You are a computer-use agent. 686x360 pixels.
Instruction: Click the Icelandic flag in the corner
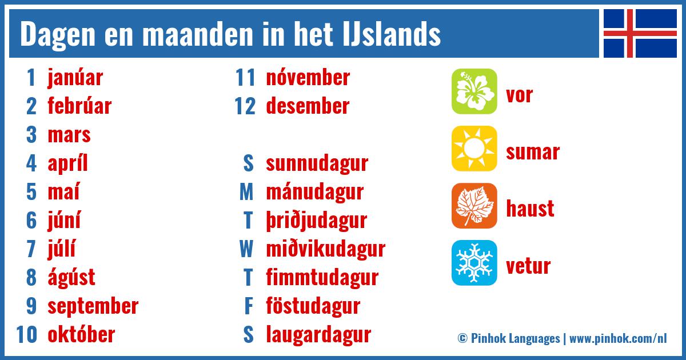[640, 33]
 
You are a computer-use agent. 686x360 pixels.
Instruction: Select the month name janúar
[75, 78]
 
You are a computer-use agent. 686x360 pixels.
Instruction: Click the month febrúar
[79, 106]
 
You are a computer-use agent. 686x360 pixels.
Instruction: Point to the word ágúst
[71, 278]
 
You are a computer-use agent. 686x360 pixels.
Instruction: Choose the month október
[81, 335]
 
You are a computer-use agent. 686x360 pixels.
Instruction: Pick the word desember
[308, 106]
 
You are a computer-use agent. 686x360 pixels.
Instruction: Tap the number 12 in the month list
[245, 106]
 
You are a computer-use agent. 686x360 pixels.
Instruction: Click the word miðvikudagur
[325, 249]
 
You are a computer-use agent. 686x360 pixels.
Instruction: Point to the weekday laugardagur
[318, 335]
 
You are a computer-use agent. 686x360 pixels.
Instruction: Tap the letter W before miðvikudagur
[246, 249]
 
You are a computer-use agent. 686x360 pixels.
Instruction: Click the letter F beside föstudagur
[248, 306]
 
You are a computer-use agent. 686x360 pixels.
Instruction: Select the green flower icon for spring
[474, 91]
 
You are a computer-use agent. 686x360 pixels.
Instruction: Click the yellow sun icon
[474, 149]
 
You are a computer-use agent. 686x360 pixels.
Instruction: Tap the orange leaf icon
[474, 206]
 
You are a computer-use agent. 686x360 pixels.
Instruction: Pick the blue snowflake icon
[474, 263]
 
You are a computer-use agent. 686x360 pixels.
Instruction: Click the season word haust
[530, 209]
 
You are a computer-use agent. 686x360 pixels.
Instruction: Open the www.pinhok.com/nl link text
[618, 338]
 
